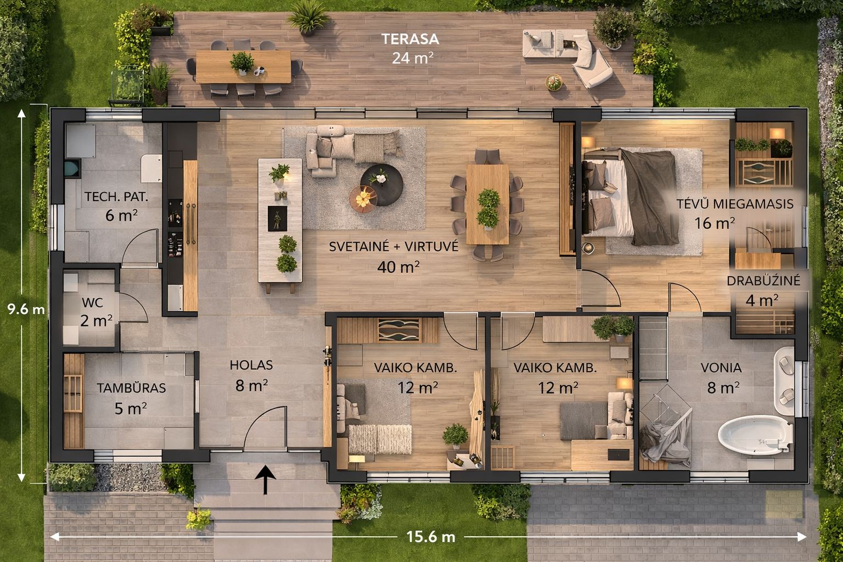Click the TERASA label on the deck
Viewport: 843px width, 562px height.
point(410,39)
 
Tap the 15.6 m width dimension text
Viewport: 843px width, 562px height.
point(431,537)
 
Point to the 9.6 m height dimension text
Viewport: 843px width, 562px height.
point(26,310)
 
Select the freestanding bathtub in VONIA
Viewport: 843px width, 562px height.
point(755,435)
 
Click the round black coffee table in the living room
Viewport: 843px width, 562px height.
point(382,185)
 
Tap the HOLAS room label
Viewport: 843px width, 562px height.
point(251,365)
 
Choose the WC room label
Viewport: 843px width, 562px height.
point(92,302)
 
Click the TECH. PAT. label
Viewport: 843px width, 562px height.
point(116,196)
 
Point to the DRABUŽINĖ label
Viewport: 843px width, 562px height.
point(763,280)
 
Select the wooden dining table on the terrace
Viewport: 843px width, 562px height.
point(244,66)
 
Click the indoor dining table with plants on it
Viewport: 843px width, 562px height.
point(487,204)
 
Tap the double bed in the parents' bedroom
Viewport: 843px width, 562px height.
point(631,196)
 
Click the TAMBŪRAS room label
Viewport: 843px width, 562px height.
point(131,388)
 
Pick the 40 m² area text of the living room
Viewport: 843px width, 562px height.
point(398,267)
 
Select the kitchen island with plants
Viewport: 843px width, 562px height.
point(280,220)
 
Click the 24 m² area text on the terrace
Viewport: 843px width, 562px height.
point(413,58)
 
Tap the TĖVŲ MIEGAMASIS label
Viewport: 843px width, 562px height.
point(735,204)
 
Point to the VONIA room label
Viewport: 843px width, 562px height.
point(721,368)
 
